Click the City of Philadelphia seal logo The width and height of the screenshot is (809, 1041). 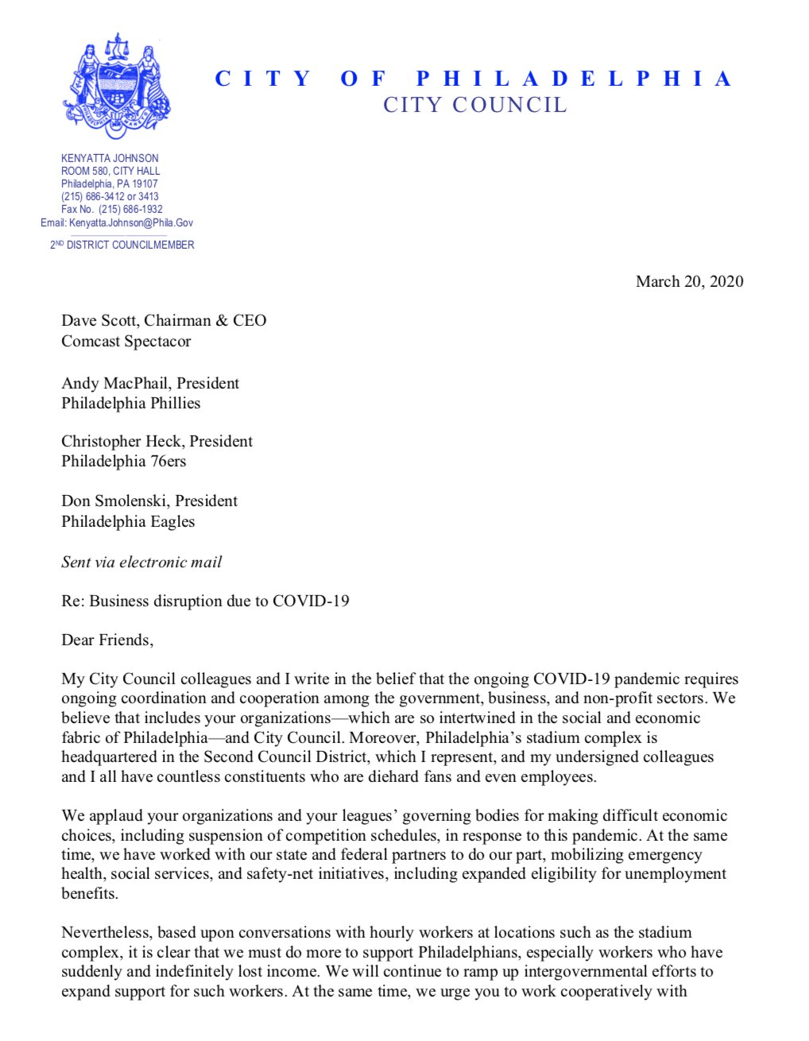coord(117,86)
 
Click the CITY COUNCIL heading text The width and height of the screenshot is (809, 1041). coord(474,105)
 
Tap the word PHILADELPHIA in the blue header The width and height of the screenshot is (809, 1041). coord(573,79)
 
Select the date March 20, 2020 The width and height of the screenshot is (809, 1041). coord(689,281)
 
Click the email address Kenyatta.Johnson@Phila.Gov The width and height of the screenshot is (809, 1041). coord(131,223)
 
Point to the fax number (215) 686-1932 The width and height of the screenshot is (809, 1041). coord(130,209)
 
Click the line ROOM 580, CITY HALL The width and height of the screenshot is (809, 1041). coord(110,171)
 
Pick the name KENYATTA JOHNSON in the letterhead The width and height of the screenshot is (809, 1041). coord(110,158)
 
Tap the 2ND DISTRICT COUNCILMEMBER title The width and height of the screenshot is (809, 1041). coord(122,245)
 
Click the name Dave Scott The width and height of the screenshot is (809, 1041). coord(99,321)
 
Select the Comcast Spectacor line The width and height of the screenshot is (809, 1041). coord(126,342)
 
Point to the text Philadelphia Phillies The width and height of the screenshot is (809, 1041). coord(130,403)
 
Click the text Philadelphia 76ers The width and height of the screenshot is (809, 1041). coord(123,461)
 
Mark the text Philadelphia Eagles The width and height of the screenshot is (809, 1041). coord(128,521)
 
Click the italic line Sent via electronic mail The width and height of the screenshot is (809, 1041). coord(141,562)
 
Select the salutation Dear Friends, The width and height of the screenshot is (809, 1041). coord(107,640)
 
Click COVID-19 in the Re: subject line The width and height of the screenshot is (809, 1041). coord(311,601)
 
